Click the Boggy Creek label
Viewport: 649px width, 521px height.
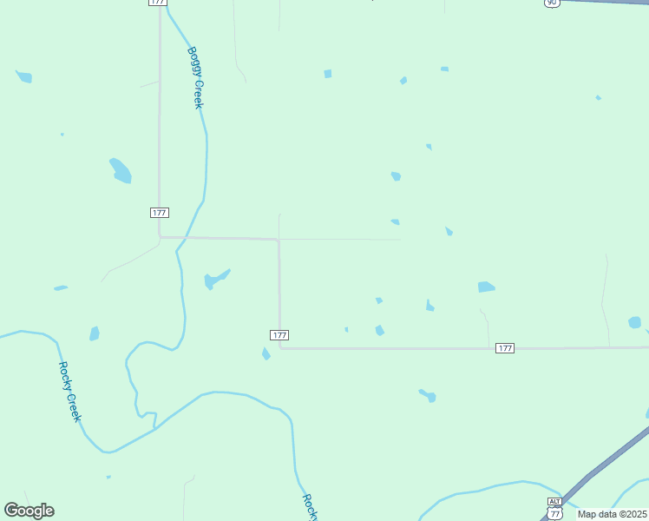[195, 77]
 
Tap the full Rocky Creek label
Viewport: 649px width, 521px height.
[69, 392]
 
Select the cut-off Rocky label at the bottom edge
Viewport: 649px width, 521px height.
[309, 507]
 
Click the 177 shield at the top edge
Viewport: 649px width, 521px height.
[157, 3]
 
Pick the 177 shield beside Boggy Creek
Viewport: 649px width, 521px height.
[159, 213]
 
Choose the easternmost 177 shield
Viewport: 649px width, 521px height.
[505, 348]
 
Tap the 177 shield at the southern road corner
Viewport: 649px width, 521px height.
[279, 335]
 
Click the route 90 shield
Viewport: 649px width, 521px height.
[553, 3]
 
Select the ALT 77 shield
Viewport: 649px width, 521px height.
[555, 509]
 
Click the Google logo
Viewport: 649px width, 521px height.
[29, 511]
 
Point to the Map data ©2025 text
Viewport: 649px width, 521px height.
[612, 514]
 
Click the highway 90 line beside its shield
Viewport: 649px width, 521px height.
[607, 3]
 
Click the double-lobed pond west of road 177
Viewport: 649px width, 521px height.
[121, 171]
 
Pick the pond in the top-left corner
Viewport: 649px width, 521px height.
[24, 77]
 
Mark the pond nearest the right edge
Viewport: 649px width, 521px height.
[634, 322]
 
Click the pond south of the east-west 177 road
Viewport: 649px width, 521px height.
[428, 396]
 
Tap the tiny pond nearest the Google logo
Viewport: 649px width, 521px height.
[108, 477]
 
